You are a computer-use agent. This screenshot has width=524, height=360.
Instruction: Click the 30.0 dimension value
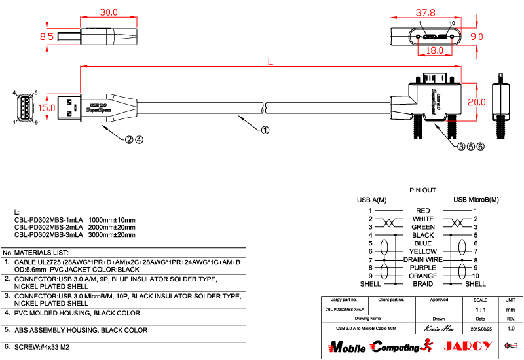[x=108, y=12]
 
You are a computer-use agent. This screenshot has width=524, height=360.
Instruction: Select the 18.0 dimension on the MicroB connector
[x=434, y=50]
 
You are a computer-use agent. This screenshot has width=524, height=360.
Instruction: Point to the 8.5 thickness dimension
[x=47, y=37]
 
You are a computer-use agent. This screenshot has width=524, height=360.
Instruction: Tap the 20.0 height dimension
[x=476, y=102]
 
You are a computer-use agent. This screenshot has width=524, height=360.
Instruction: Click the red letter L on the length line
[x=271, y=62]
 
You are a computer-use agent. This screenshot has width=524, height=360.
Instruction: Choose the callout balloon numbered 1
[x=265, y=130]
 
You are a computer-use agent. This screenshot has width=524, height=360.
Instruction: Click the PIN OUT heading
[x=422, y=190]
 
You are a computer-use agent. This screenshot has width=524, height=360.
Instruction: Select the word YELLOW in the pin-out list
[x=422, y=251]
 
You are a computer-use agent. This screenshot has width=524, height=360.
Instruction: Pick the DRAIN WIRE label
[x=422, y=260]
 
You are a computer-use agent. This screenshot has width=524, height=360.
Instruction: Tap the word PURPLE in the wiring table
[x=422, y=268]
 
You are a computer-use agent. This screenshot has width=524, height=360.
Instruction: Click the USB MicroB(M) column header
[x=476, y=200]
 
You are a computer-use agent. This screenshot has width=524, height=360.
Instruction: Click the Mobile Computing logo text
[x=374, y=346]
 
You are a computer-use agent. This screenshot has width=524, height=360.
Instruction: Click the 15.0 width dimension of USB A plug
[x=46, y=107]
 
